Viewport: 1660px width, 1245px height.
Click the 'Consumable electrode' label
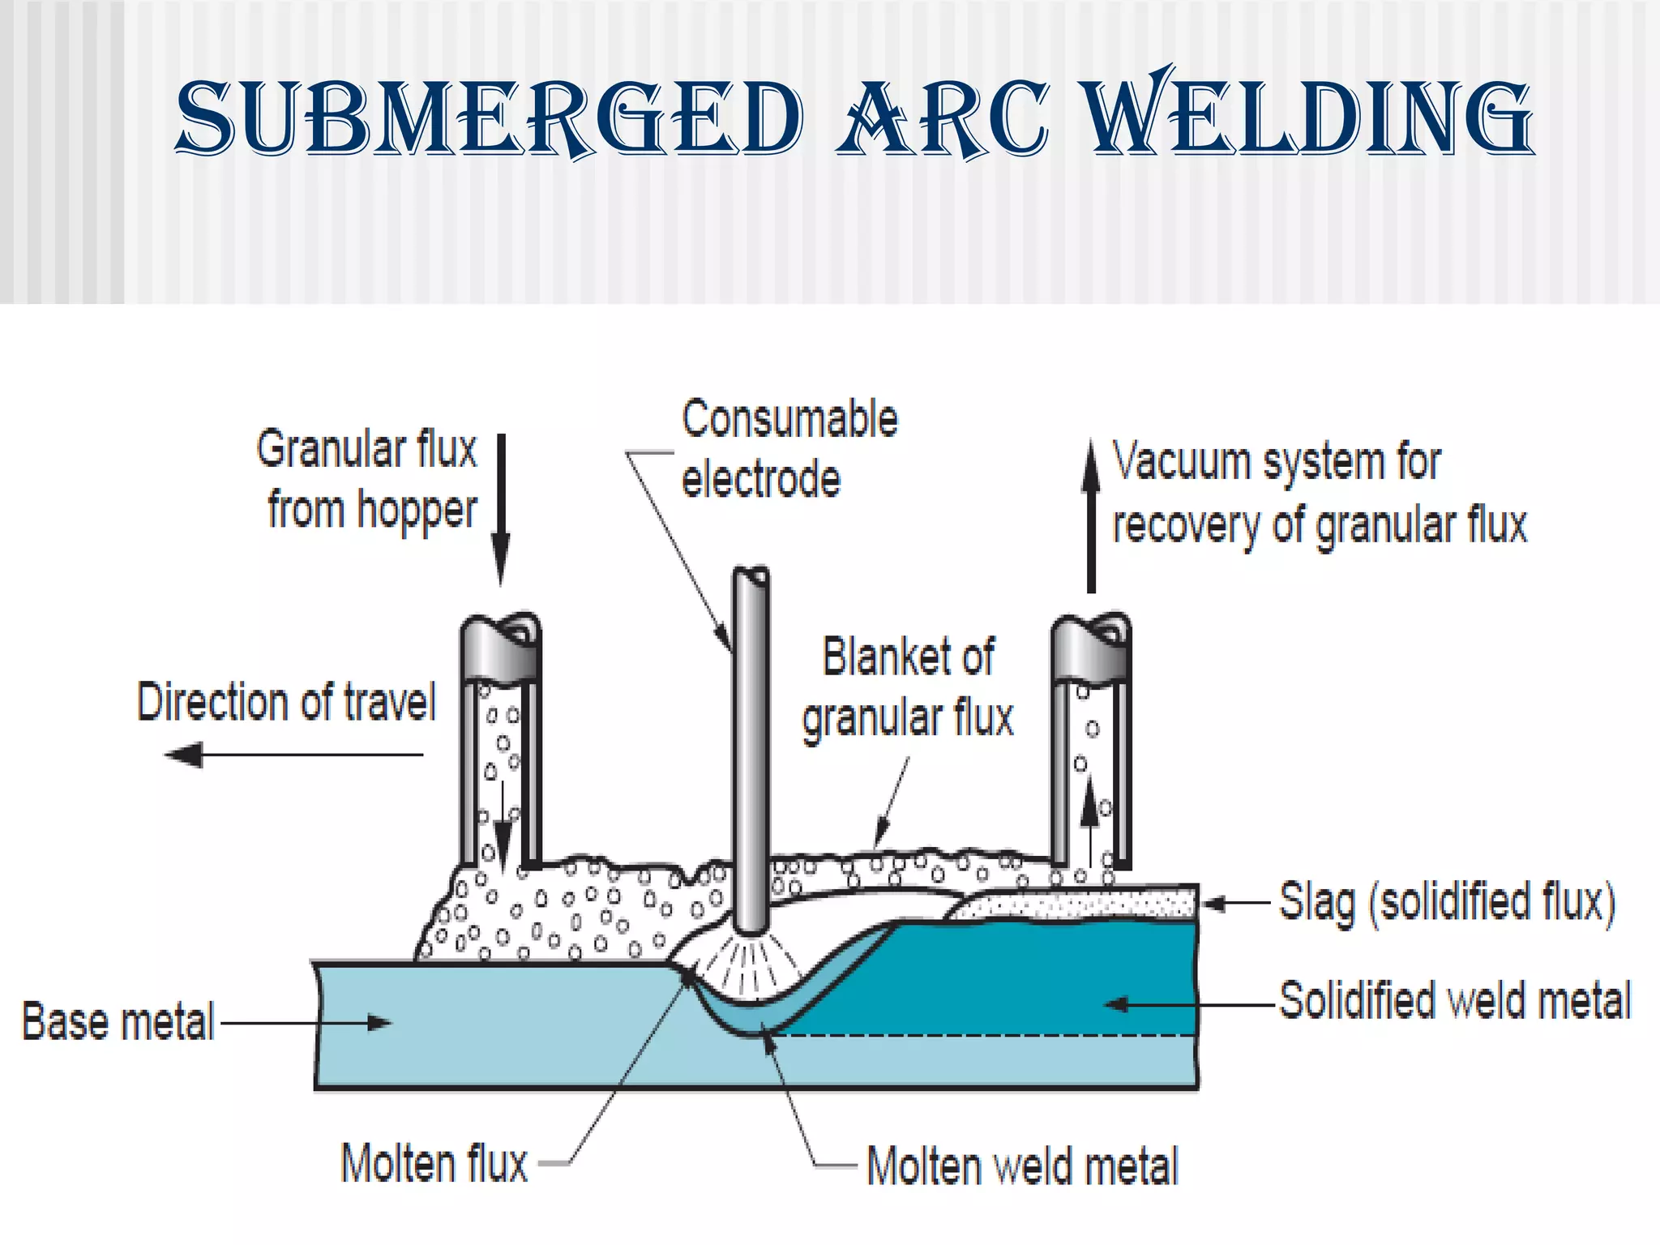pyautogui.click(x=788, y=449)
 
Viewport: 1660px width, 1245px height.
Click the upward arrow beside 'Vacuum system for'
pyautogui.click(x=1091, y=516)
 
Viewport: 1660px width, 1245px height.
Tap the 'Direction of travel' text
pyautogui.click(x=286, y=702)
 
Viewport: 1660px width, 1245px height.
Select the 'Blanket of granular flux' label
pyautogui.click(x=908, y=687)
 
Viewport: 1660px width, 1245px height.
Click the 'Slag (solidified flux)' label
pyautogui.click(x=1446, y=902)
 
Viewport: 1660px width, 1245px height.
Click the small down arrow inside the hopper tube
pyautogui.click(x=503, y=835)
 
